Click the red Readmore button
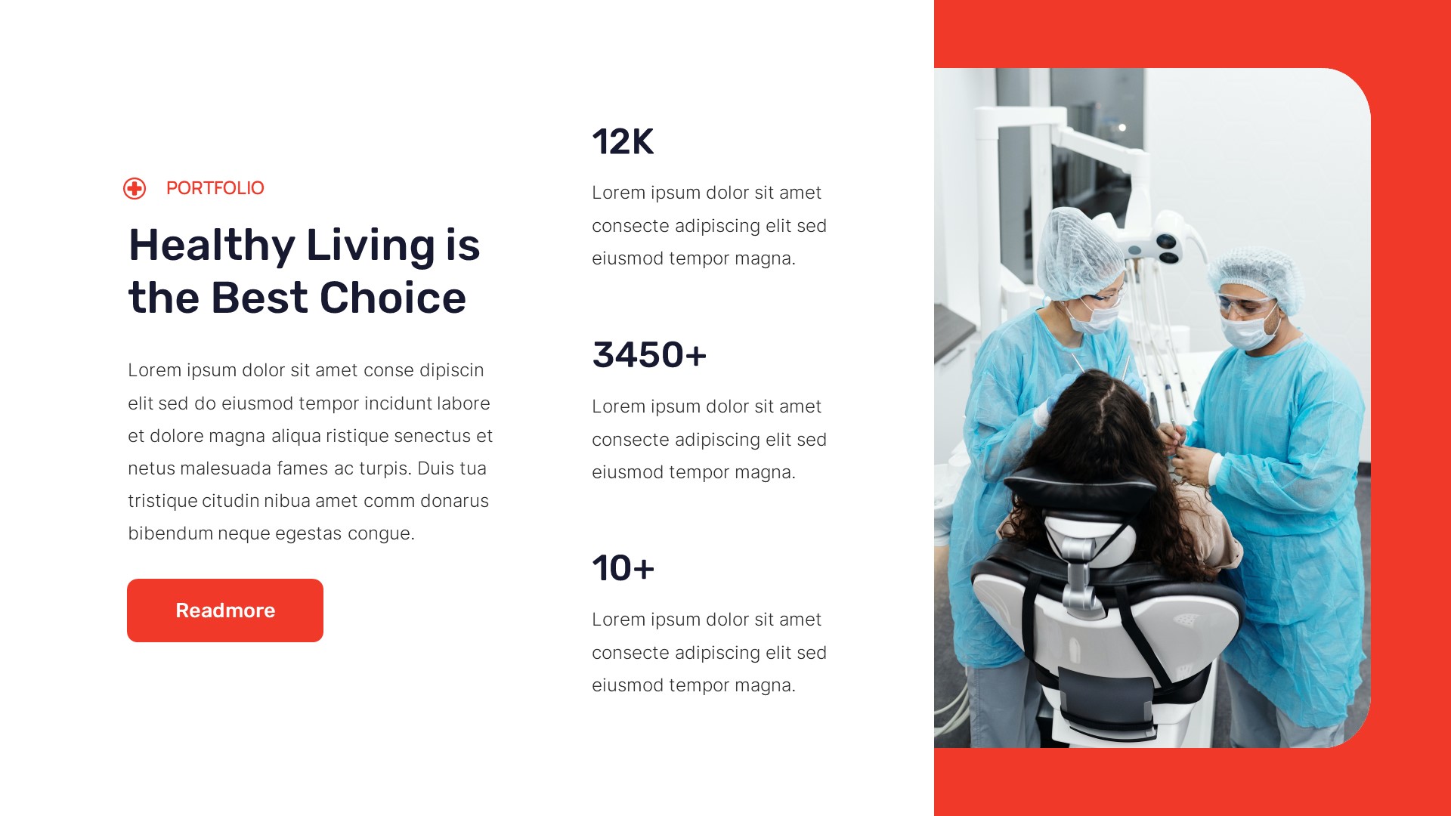pyautogui.click(x=224, y=610)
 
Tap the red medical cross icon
pyautogui.click(x=135, y=188)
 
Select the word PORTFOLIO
pyautogui.click(x=215, y=188)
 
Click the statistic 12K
pyautogui.click(x=623, y=142)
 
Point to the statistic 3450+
pyautogui.click(x=649, y=355)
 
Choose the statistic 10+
pyautogui.click(x=623, y=568)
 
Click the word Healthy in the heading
pyautogui.click(x=212, y=246)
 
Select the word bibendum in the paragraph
pyautogui.click(x=170, y=533)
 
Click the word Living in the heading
pyautogui.click(x=370, y=246)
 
